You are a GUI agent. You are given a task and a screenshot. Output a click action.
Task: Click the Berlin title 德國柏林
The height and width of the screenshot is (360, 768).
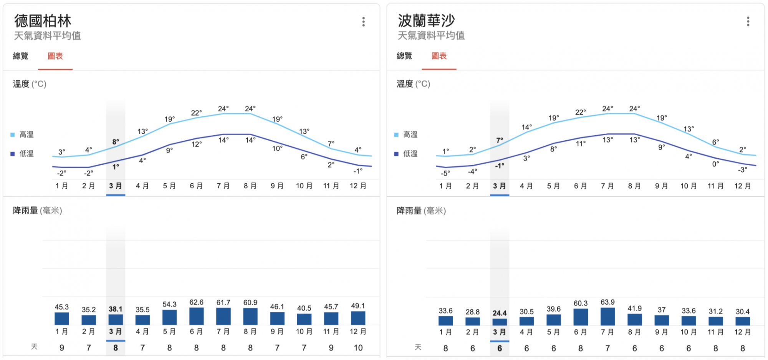43,21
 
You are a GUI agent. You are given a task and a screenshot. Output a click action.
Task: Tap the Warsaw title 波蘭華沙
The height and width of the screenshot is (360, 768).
426,21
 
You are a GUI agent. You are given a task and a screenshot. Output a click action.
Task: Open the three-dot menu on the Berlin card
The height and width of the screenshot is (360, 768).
363,22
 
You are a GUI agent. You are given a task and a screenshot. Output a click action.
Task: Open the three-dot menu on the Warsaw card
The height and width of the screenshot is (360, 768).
748,22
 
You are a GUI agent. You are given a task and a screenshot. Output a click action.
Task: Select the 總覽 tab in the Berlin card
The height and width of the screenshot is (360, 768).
21,56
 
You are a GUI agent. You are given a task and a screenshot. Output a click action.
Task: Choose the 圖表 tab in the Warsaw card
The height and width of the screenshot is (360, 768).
439,56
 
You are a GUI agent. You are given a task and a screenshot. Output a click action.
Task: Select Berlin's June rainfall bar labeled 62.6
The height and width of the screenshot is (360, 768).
196,316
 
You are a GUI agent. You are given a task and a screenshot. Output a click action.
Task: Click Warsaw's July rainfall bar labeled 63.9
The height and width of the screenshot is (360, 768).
607,316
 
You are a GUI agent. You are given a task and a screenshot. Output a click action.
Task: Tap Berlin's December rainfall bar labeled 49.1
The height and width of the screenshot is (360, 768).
358,318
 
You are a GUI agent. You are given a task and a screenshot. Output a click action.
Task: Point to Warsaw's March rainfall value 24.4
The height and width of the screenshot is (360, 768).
500,313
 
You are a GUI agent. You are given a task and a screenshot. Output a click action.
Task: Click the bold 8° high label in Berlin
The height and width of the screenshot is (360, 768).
116,142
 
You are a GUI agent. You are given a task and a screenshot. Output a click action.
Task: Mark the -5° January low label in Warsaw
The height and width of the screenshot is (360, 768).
445,173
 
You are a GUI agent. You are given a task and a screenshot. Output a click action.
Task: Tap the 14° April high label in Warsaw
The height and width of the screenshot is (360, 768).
526,127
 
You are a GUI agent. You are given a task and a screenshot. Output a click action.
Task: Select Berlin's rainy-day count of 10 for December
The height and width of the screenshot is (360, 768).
358,348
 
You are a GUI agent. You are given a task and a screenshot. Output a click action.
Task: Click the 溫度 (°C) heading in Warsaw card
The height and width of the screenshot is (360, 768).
413,84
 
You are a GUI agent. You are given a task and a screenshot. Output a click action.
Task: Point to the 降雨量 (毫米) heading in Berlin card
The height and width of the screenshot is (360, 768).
37,211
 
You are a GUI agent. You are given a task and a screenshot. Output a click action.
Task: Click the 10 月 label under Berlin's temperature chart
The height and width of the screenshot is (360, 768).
304,186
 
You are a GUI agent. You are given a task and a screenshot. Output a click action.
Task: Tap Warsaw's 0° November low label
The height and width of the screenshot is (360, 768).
715,164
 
